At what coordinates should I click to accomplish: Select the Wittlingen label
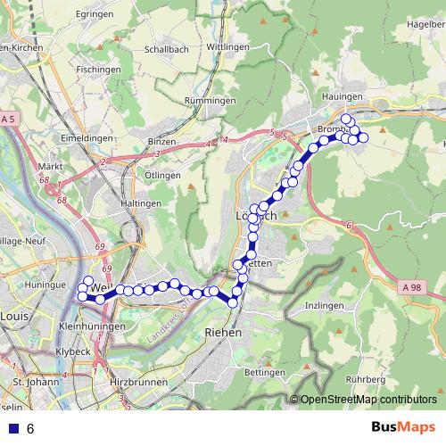click(x=227, y=46)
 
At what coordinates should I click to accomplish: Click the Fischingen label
click(x=98, y=69)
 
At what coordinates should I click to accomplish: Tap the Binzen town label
click(x=162, y=142)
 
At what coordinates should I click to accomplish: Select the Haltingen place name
click(x=140, y=203)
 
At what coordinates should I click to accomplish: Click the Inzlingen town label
click(x=324, y=305)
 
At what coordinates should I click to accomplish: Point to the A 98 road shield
click(x=410, y=287)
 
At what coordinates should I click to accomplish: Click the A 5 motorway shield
click(x=9, y=119)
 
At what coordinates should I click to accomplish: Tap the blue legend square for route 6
click(x=12, y=428)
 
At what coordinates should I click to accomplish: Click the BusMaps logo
click(x=402, y=427)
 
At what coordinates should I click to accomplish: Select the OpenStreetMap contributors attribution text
click(x=368, y=400)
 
